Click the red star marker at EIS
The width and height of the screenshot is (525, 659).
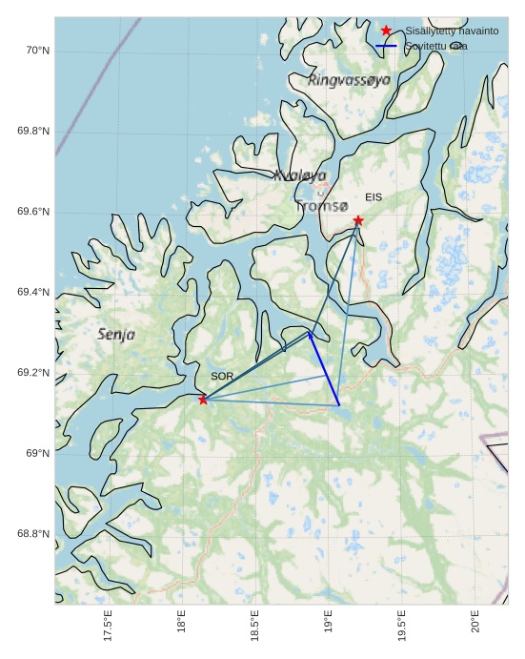pyautogui.click(x=358, y=220)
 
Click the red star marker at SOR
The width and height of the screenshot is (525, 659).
pyautogui.click(x=203, y=399)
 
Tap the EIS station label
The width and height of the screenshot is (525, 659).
pyautogui.click(x=374, y=197)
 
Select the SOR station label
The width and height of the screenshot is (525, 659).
pyautogui.click(x=222, y=377)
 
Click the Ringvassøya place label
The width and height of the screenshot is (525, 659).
pyautogui.click(x=349, y=80)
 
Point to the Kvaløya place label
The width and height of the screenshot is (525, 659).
pyautogui.click(x=300, y=175)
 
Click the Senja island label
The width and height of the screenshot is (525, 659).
pyautogui.click(x=116, y=335)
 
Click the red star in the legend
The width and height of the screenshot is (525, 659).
pyautogui.click(x=386, y=31)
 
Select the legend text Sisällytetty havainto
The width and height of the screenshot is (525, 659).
pyautogui.click(x=452, y=31)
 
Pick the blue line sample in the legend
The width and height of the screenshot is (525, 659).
pyautogui.click(x=386, y=46)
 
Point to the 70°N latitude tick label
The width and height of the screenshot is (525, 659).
pyautogui.click(x=37, y=51)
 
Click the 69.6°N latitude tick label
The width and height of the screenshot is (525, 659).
pyautogui.click(x=33, y=212)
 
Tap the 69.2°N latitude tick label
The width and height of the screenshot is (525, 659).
pyautogui.click(x=33, y=373)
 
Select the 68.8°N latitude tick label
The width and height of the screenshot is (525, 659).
pyautogui.click(x=33, y=534)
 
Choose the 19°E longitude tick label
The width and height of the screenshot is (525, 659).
pyautogui.click(x=329, y=621)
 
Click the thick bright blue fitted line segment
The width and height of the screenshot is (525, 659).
pyautogui.click(x=324, y=368)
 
